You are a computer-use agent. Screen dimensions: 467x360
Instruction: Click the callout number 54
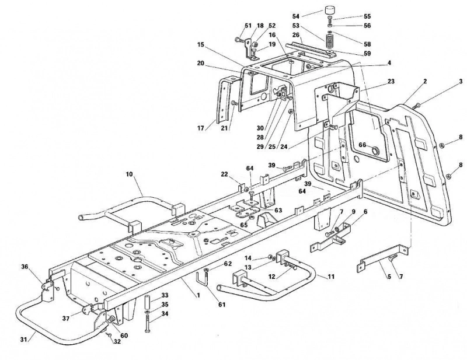[296, 16]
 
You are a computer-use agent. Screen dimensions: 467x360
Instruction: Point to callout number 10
[129, 174]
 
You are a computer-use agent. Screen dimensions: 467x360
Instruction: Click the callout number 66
[363, 145]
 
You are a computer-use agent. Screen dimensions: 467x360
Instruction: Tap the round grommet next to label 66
[375, 149]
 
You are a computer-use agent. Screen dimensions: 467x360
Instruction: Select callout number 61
[222, 305]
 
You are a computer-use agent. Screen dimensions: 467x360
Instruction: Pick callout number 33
[165, 295]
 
